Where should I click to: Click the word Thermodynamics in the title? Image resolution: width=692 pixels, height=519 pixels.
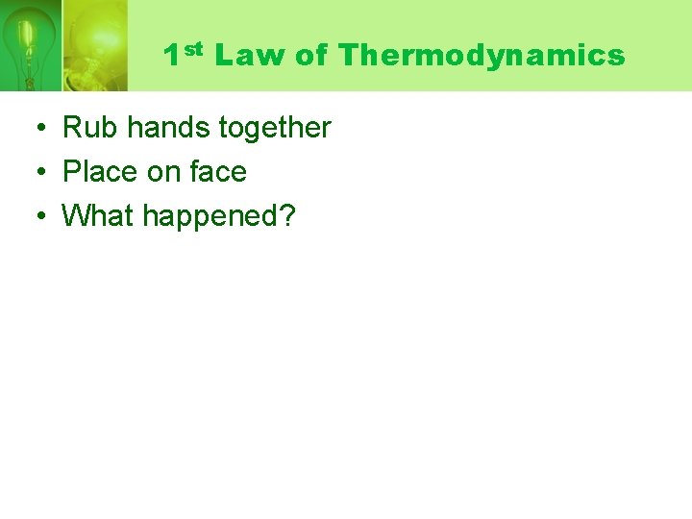[482, 56]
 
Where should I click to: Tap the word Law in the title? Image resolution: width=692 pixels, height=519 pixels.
[250, 56]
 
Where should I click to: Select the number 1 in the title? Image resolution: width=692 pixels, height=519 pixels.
[171, 56]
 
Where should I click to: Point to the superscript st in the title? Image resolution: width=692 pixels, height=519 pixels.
[194, 48]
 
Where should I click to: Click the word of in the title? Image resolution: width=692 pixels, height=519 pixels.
[311, 56]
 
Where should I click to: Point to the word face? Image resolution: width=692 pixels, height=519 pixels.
[218, 172]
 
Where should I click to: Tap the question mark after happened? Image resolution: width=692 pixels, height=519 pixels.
[287, 216]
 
